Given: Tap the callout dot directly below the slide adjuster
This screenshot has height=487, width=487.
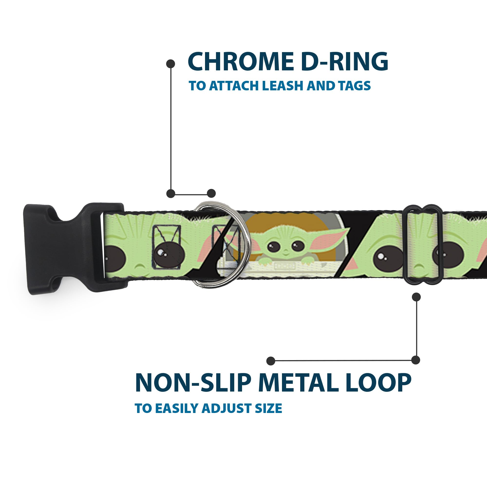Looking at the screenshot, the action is [416, 297].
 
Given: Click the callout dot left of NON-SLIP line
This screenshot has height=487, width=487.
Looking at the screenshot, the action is [271, 361].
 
